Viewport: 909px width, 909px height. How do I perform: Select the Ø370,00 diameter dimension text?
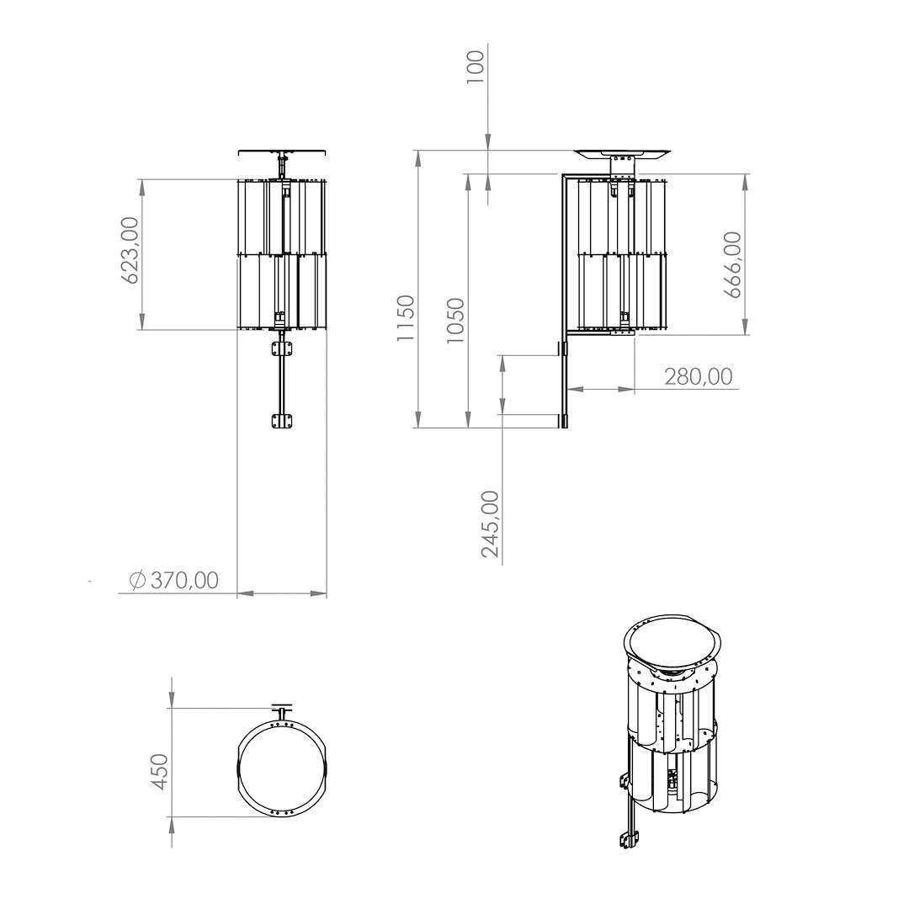click(x=174, y=580)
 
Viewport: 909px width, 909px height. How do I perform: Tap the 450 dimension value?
click(x=159, y=771)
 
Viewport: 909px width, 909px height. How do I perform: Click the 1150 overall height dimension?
click(x=407, y=317)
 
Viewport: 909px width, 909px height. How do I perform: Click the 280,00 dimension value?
click(x=698, y=376)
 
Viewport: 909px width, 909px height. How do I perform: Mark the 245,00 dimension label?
click(x=490, y=524)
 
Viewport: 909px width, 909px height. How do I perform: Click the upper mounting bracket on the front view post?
click(x=282, y=348)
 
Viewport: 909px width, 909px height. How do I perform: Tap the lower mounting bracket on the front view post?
click(x=282, y=422)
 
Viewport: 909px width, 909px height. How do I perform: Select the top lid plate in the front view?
click(x=282, y=152)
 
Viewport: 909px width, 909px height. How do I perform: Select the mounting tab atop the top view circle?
click(x=282, y=709)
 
